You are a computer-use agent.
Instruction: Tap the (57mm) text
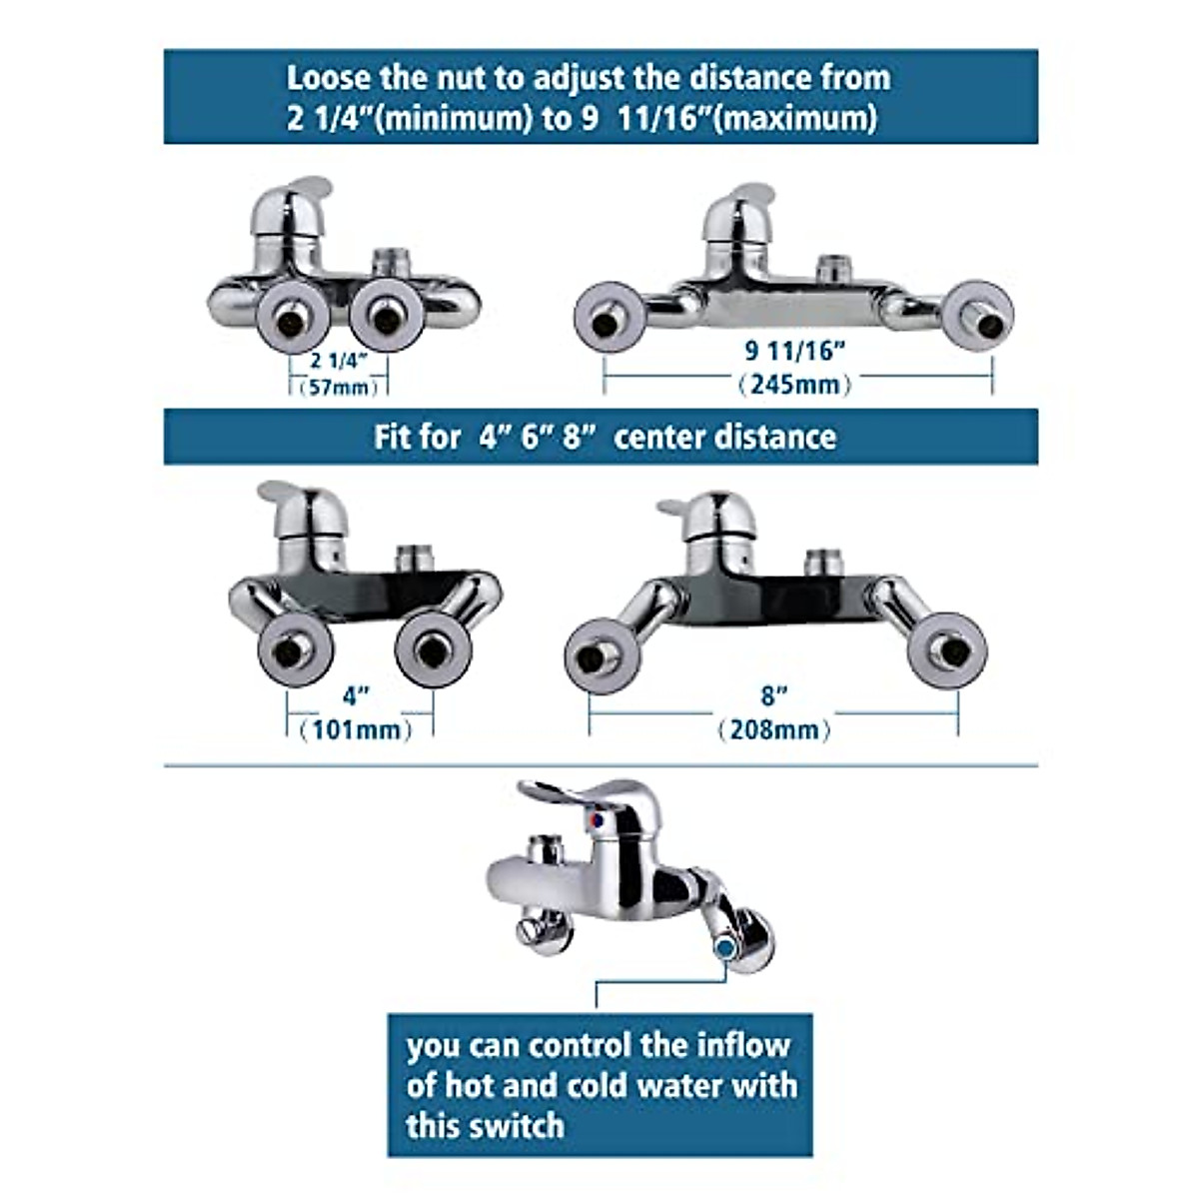click(340, 387)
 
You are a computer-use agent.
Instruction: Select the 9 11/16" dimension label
click(795, 351)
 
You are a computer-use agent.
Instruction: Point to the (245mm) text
click(795, 383)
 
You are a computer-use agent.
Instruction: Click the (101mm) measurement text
click(361, 729)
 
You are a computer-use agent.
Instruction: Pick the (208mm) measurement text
click(774, 729)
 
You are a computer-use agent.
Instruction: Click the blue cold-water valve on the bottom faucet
click(726, 944)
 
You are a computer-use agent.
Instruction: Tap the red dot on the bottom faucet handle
click(598, 819)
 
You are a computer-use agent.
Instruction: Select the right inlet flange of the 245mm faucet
click(979, 316)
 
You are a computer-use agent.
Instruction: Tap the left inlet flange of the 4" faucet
click(296, 649)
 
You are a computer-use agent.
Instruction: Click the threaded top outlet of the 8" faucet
click(824, 562)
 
